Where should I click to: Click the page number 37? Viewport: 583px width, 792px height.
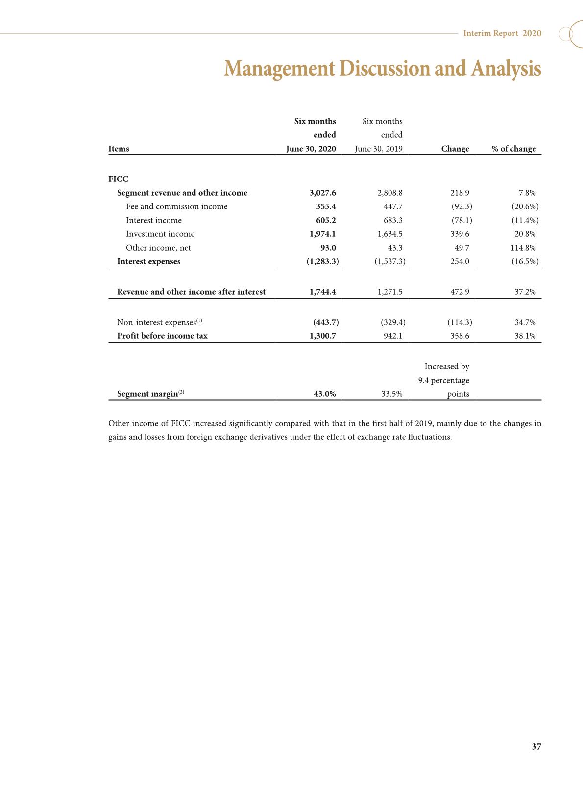pyautogui.click(x=536, y=746)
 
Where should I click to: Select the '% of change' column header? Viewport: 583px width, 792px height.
pyautogui.click(x=513, y=149)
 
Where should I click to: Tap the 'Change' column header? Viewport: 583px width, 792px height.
pyautogui.click(x=455, y=149)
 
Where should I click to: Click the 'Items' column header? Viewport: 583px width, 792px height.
pyautogui.click(x=119, y=149)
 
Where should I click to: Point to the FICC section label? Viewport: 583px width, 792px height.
pyautogui.click(x=118, y=179)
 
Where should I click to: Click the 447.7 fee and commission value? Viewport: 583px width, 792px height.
pyautogui.click(x=393, y=206)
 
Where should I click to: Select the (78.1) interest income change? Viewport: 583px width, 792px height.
pyautogui.click(x=462, y=220)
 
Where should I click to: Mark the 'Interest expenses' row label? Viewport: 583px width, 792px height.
pyautogui.click(x=148, y=261)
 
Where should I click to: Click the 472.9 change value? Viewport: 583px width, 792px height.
pyautogui.click(x=460, y=292)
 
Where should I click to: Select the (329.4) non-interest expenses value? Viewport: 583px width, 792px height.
pyautogui.click(x=393, y=322)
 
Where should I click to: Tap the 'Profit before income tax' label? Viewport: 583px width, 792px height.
pyautogui.click(x=162, y=336)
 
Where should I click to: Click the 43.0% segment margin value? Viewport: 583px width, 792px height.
pyautogui.click(x=324, y=394)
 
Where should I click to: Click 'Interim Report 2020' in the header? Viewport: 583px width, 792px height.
pyautogui.click(x=502, y=33)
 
